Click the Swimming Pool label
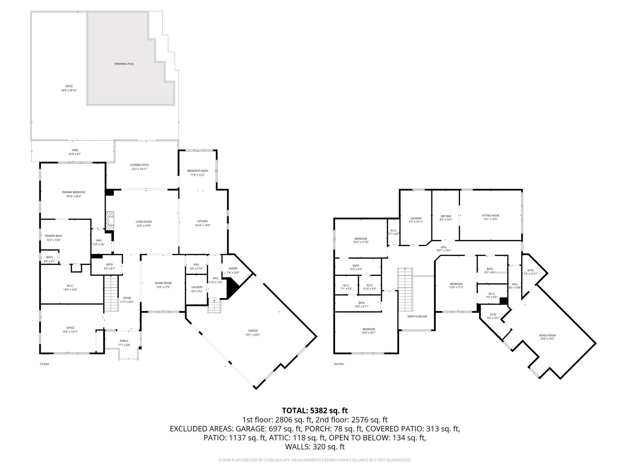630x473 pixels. pyautogui.click(x=124, y=64)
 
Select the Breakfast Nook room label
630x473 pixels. pyautogui.click(x=197, y=171)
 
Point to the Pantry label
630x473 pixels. pyautogui.click(x=233, y=269)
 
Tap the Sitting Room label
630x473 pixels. pyautogui.click(x=490, y=216)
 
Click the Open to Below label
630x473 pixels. pyautogui.click(x=417, y=316)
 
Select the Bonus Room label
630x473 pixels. pyautogui.click(x=547, y=335)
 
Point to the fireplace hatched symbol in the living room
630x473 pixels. pyautogui.click(x=110, y=220)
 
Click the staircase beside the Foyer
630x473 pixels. pyautogui.click(x=111, y=293)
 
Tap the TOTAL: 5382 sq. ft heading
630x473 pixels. pyautogui.click(x=315, y=410)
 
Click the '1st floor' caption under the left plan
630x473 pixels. pyautogui.click(x=44, y=364)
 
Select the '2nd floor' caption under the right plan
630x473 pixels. pyautogui.click(x=339, y=364)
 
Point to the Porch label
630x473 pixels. pyautogui.click(x=124, y=341)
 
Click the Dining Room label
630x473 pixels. pyautogui.click(x=163, y=283)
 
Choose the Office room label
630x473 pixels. pyautogui.click(x=70, y=328)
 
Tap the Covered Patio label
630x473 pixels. pyautogui.click(x=139, y=165)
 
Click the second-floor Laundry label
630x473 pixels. pyautogui.click(x=416, y=218)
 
